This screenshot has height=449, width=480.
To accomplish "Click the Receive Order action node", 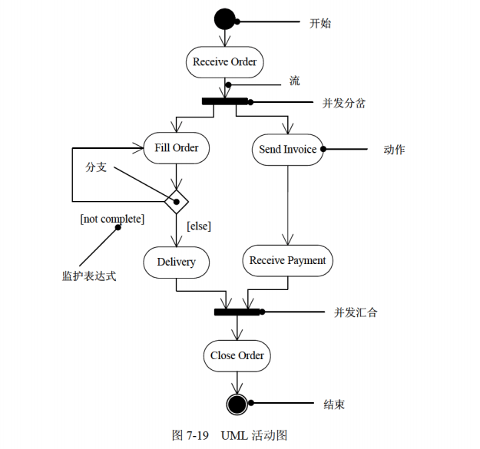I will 224,62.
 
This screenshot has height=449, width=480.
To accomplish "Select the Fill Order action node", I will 177,148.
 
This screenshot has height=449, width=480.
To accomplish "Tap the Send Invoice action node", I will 288,150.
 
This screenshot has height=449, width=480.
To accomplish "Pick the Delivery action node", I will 177,262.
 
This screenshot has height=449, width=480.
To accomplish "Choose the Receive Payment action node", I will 287,261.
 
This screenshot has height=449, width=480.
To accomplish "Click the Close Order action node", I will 237,355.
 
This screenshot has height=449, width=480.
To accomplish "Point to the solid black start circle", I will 224,18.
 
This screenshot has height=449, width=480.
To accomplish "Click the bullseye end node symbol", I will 237,403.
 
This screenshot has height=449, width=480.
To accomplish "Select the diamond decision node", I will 177,201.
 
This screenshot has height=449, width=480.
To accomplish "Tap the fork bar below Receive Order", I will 225,101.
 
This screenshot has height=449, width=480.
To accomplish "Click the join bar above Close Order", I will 237,312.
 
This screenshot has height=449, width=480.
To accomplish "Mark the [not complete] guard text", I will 111,220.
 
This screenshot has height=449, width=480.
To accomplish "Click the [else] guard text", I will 199,226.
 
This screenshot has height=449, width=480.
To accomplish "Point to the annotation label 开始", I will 320,23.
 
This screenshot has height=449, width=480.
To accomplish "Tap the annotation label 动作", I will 394,150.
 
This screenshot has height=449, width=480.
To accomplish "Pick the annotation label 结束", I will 334,404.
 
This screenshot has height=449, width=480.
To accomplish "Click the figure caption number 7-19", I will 195,435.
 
